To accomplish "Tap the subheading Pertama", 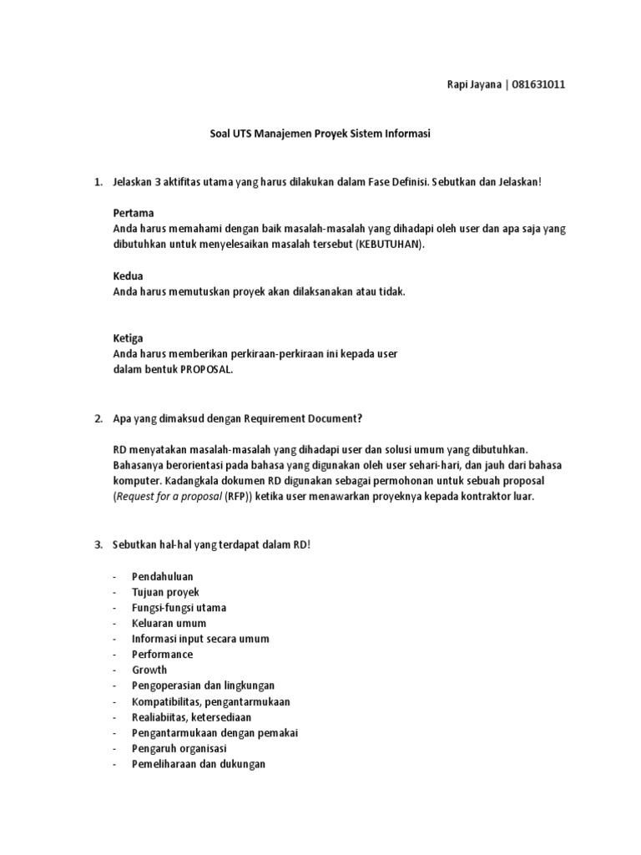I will click(134, 212).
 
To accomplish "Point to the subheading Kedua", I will click(129, 275).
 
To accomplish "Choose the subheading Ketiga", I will click(129, 338).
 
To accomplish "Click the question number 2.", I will click(98, 418).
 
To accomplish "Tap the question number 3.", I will click(98, 545).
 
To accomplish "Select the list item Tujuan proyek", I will click(165, 592).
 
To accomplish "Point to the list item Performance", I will click(162, 655).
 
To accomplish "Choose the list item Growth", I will click(149, 670).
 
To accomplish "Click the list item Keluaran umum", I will click(169, 623).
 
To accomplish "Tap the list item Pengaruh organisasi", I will click(179, 748).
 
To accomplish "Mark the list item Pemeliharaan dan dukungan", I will click(199, 763).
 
